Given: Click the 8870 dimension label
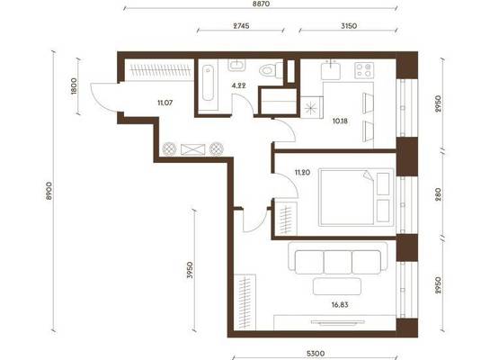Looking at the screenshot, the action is (x=261, y=4).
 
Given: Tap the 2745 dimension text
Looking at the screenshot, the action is (x=241, y=26).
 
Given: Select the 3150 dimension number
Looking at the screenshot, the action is (x=349, y=26).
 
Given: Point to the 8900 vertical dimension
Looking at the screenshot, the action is (x=49, y=191).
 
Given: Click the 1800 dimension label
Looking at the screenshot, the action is (x=74, y=86).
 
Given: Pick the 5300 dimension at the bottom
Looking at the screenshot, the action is (x=316, y=354).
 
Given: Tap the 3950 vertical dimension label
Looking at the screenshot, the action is (x=190, y=270).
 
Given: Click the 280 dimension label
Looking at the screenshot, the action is (x=438, y=194).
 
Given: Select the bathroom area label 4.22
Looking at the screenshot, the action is (x=239, y=85).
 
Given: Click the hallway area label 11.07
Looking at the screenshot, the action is (x=165, y=103).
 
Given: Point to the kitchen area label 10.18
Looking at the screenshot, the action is (x=340, y=121).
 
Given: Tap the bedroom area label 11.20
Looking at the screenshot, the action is (x=302, y=172).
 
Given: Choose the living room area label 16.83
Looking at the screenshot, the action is (x=340, y=304).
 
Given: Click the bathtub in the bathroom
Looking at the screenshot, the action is (x=208, y=83).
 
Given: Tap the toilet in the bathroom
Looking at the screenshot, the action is (x=271, y=69).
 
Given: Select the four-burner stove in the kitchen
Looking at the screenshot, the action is (x=364, y=70).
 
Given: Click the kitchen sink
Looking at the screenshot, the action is (x=331, y=70).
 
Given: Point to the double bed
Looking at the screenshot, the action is (x=356, y=197).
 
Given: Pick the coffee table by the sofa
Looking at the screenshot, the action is (x=337, y=286).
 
